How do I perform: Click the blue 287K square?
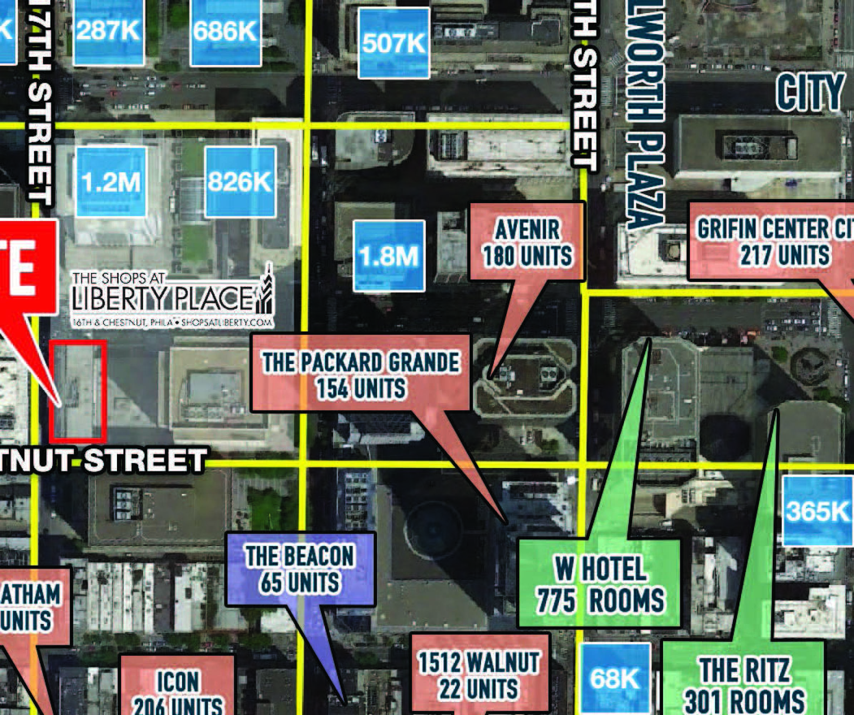(x=109, y=32)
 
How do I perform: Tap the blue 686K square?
(x=225, y=32)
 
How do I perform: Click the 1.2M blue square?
(x=112, y=182)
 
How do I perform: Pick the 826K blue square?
(x=240, y=182)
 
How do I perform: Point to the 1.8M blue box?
(x=389, y=256)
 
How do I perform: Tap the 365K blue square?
(x=818, y=511)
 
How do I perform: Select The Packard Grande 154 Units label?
(x=361, y=374)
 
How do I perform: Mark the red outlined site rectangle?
(x=78, y=391)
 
